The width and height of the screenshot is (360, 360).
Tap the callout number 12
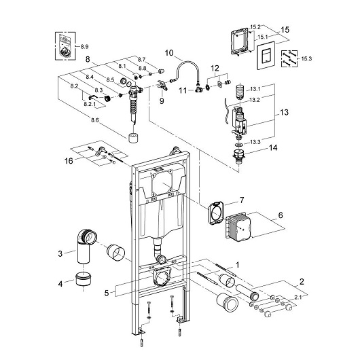[214, 68]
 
